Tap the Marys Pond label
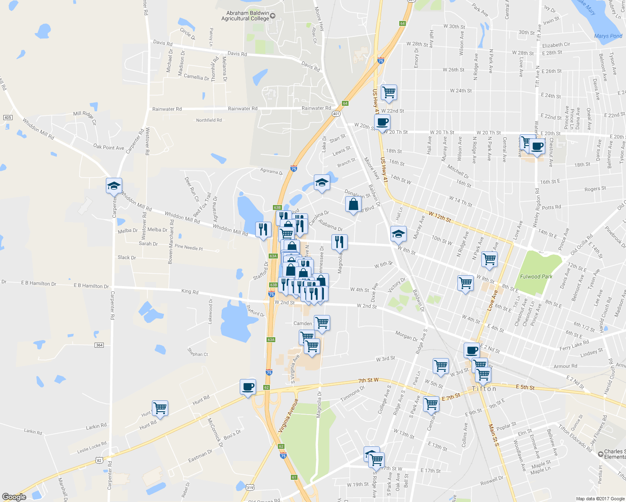[608, 36]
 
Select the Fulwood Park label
[536, 277]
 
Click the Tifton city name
[484, 389]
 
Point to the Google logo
[14, 497]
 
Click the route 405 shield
[8, 118]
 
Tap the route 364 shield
[99, 345]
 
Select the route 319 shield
[250, 487]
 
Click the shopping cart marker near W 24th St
[389, 92]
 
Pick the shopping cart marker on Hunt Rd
[160, 408]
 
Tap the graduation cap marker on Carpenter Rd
[114, 186]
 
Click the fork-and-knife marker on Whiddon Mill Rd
[263, 229]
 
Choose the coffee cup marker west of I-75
[248, 387]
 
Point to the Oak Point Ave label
[108, 147]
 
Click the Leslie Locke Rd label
[92, 447]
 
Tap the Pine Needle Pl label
[188, 247]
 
